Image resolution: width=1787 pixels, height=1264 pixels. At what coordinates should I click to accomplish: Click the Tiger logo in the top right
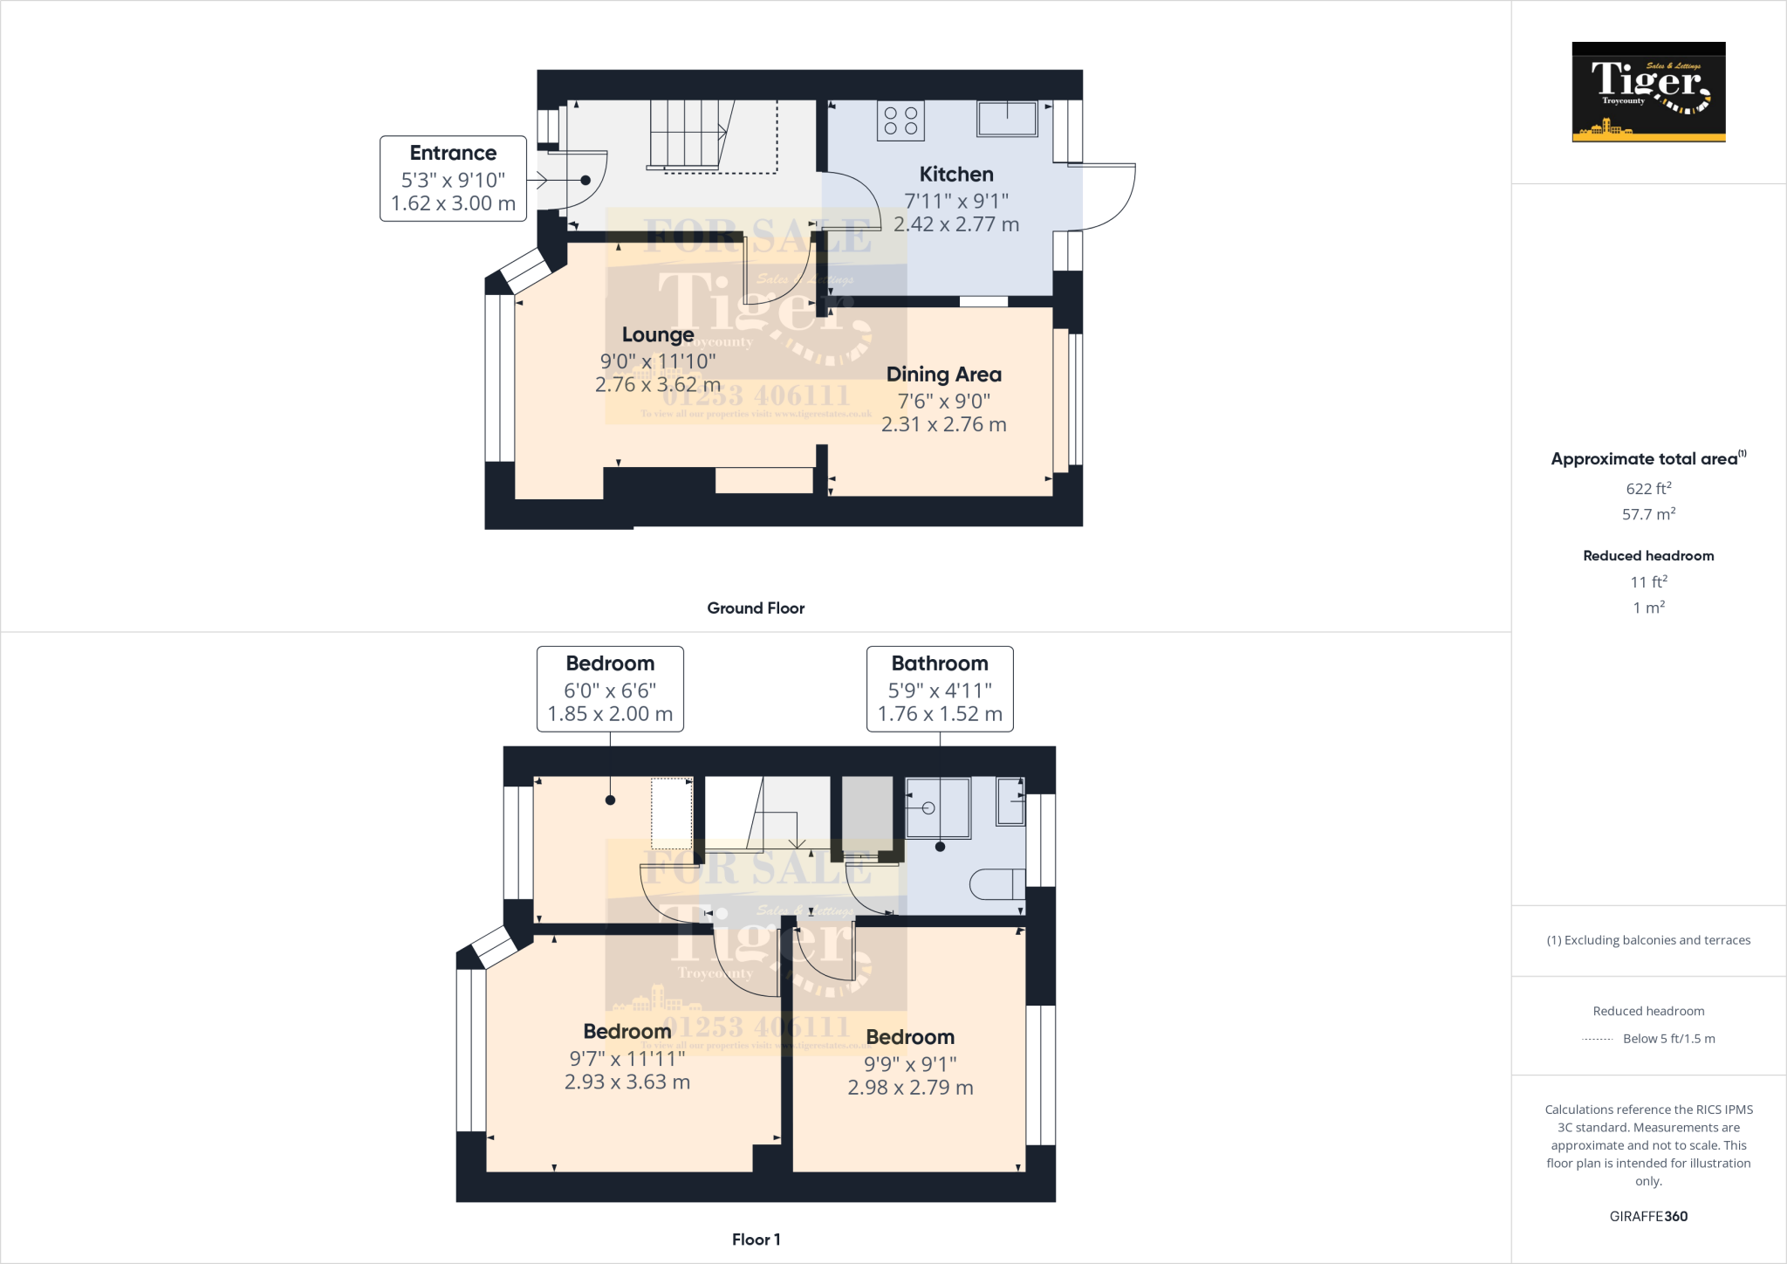pos(1648,92)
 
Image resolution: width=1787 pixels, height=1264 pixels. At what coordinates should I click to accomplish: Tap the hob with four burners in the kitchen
pos(900,121)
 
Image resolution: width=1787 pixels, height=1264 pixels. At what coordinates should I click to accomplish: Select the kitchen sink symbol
pos(1008,119)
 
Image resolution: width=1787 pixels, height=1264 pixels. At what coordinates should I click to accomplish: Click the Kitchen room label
pos(956,175)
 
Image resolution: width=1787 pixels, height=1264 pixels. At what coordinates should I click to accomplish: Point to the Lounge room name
pos(658,335)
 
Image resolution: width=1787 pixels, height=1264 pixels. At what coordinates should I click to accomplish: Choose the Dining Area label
pos(943,374)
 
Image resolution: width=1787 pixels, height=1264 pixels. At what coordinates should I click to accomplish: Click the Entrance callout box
pos(453,179)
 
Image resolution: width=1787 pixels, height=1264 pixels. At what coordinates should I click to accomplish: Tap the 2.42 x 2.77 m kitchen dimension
pos(956,224)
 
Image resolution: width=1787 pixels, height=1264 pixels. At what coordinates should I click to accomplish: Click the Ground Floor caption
pos(756,608)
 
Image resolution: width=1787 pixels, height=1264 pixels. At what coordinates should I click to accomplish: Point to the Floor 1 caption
pos(756,1240)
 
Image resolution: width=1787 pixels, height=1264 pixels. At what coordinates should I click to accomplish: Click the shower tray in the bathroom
pos(937,807)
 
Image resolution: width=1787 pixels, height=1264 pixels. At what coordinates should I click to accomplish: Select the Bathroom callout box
pos(940,689)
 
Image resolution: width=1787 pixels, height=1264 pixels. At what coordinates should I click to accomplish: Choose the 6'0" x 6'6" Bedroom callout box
pos(610,689)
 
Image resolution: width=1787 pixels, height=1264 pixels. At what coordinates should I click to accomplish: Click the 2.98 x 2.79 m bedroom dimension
pos(910,1088)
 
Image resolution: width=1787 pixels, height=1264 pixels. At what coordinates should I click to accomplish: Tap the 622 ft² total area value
pos(1648,489)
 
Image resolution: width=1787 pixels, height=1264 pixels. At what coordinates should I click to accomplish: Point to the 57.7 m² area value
pos(1648,514)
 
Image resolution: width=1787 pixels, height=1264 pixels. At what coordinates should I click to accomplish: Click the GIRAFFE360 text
pos(1648,1216)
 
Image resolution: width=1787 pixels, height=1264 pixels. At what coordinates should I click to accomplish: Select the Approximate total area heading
pos(1645,459)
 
